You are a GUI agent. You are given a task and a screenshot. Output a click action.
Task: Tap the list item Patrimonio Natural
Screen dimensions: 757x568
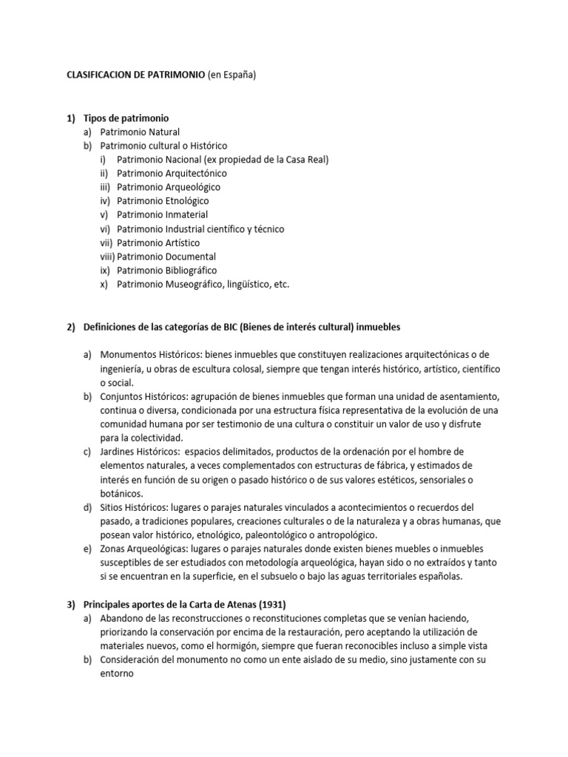(x=140, y=132)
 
